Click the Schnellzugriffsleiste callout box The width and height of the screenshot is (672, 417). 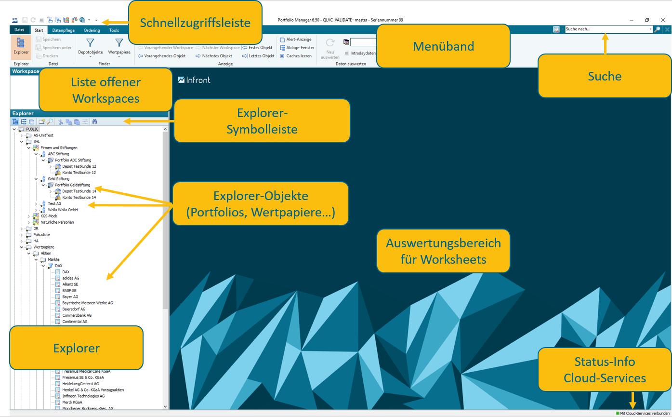195,23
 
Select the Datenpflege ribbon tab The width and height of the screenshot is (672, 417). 63,30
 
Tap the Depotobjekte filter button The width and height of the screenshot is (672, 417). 90,48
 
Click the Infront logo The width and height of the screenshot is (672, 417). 194,80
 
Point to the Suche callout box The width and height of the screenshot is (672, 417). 604,76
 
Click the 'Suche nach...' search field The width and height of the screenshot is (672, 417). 607,29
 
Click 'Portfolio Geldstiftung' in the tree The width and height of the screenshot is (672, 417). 72,185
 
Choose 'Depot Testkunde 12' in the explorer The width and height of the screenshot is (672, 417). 79,166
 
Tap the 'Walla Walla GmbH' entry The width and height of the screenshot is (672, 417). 63,210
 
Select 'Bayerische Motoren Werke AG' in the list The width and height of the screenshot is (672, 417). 87,303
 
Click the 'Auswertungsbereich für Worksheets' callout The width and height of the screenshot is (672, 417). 443,251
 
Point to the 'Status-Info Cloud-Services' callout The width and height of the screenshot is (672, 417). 604,370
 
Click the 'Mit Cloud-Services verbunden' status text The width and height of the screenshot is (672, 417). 644,414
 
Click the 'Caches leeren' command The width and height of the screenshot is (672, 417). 299,56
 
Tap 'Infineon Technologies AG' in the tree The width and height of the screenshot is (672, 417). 83,396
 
